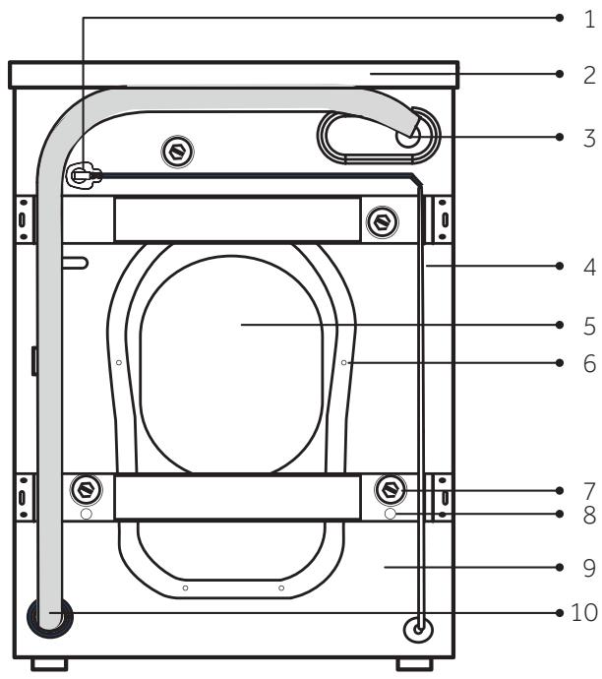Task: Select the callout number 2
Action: [x=588, y=75]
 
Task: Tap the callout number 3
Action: [x=588, y=137]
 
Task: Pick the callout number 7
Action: [x=588, y=489]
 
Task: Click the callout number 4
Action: [x=588, y=266]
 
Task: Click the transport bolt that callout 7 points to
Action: [x=391, y=488]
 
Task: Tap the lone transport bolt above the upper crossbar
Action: [x=178, y=151]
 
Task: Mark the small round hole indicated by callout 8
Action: [x=391, y=514]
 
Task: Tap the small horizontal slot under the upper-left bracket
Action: [x=75, y=263]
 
